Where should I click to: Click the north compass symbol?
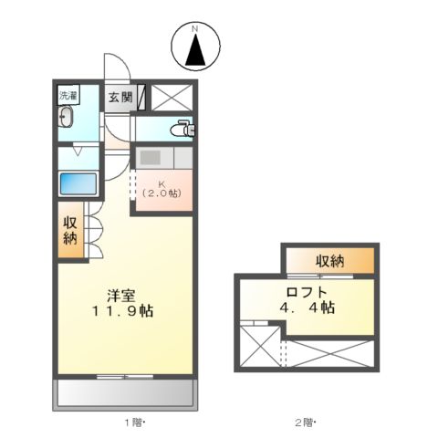pyautogui.click(x=194, y=47)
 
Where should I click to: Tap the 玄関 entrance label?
pyautogui.click(x=120, y=97)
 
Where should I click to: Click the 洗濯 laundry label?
pyautogui.click(x=69, y=95)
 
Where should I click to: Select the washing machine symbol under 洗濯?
pyautogui.click(x=68, y=118)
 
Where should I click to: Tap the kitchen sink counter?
pyautogui.click(x=163, y=156)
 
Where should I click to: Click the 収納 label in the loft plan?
pyautogui.click(x=330, y=262)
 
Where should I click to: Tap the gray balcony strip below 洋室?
pyautogui.click(x=126, y=395)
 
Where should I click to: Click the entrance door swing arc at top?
pyautogui.click(x=115, y=67)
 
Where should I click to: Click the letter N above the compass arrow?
pyautogui.click(x=194, y=29)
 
